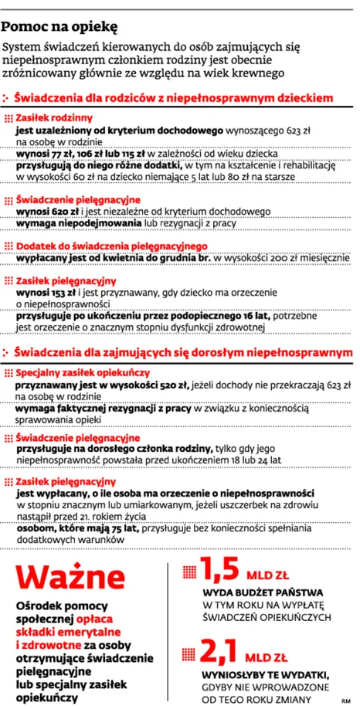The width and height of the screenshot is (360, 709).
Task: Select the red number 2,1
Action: tap(219, 650)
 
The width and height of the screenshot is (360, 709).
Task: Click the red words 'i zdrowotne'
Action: tap(49, 645)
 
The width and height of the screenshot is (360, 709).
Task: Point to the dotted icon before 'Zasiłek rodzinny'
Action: tap(8, 118)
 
